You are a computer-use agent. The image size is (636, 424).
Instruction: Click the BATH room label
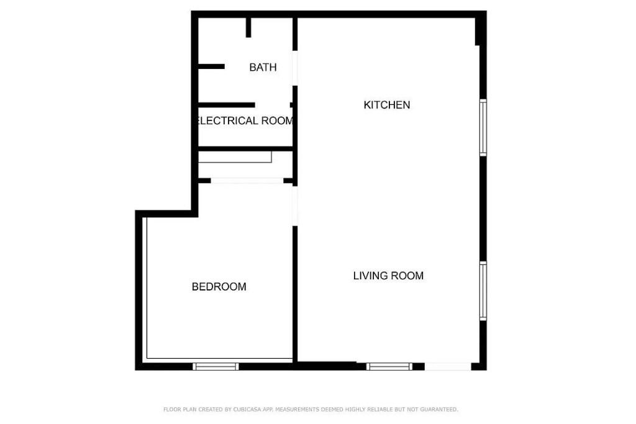[263, 67]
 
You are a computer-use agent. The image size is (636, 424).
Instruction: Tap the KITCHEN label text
[386, 105]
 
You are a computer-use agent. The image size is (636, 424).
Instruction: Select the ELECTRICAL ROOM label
[244, 120]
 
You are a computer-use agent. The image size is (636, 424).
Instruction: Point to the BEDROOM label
[219, 287]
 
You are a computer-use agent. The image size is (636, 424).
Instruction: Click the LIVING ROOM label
[388, 276]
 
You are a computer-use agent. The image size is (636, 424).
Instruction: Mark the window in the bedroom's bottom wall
[216, 366]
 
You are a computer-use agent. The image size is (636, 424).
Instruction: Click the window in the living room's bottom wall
[389, 366]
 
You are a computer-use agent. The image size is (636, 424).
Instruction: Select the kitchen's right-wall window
[483, 127]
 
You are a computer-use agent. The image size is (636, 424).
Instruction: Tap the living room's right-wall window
[483, 291]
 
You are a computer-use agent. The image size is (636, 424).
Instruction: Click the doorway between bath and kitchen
[295, 68]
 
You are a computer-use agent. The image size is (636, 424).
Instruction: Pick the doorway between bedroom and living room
[295, 205]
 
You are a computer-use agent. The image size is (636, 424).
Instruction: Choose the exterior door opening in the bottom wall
[448, 366]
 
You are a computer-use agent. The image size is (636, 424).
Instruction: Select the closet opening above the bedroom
[247, 181]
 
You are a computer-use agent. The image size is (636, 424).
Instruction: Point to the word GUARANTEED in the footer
[437, 410]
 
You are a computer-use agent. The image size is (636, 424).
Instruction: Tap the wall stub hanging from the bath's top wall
[248, 27]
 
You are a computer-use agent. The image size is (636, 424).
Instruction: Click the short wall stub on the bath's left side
[211, 66]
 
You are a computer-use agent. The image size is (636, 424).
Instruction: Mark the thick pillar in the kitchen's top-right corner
[479, 30]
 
